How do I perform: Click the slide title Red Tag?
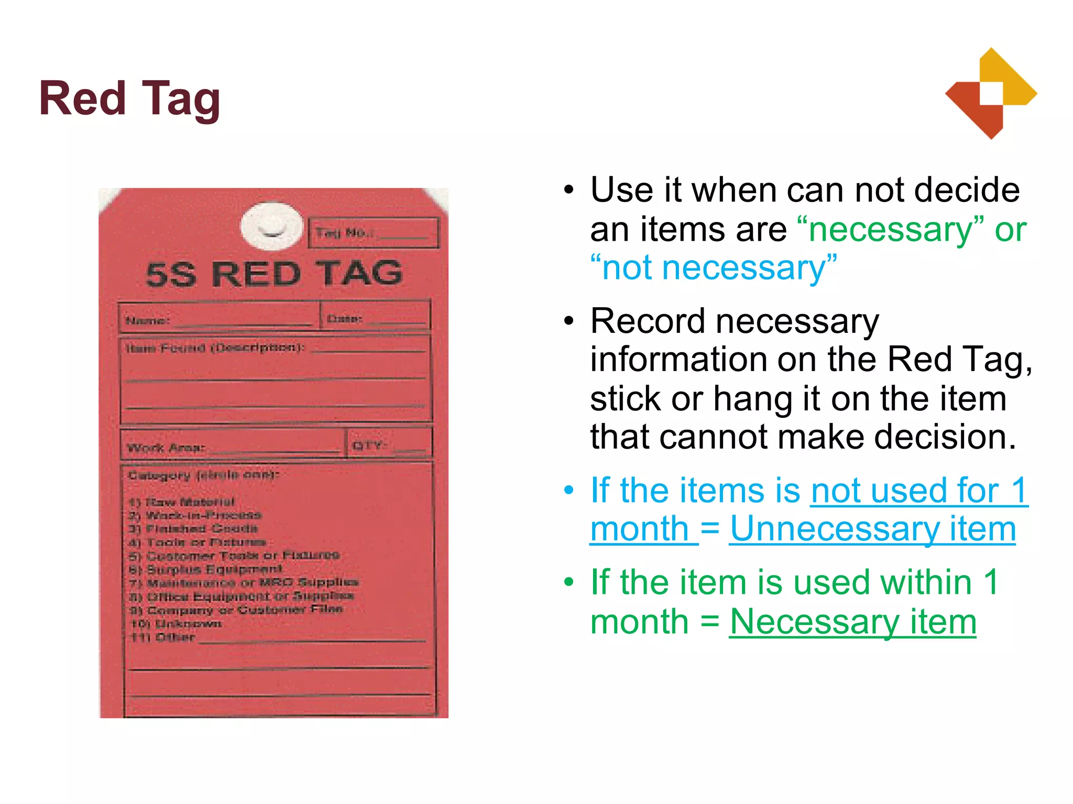pyautogui.click(x=129, y=99)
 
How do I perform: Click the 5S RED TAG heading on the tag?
pyautogui.click(x=274, y=274)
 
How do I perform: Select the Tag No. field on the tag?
pyautogui.click(x=373, y=233)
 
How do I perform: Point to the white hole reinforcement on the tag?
pyautogui.click(x=271, y=226)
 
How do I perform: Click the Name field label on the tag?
pyautogui.click(x=147, y=320)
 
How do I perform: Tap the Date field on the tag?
pyautogui.click(x=375, y=318)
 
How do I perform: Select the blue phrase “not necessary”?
pyautogui.click(x=714, y=268)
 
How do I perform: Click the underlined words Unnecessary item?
pyautogui.click(x=872, y=529)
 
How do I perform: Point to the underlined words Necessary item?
pyautogui.click(x=852, y=622)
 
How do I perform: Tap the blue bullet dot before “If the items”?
pyautogui.click(x=570, y=490)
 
